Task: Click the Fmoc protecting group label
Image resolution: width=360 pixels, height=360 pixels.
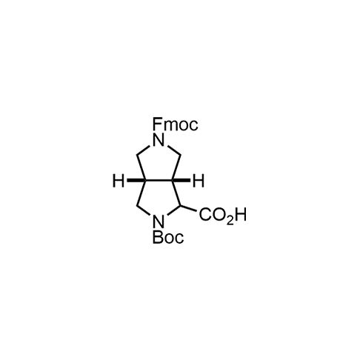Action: coord(176,124)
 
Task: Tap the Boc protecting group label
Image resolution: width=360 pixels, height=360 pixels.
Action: coord(168,237)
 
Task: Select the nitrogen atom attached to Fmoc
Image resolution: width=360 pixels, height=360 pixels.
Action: coord(159,140)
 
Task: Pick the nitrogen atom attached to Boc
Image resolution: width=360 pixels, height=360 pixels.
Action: coord(159,221)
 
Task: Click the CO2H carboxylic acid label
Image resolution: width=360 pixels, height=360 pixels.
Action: coord(223,215)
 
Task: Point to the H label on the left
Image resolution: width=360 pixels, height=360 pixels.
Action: coord(119,181)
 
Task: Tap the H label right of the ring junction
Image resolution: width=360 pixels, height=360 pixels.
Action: coord(199,181)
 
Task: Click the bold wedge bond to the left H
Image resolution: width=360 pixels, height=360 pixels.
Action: coord(136,181)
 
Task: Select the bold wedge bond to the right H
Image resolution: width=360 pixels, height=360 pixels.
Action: coord(181,181)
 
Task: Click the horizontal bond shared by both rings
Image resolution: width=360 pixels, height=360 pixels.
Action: coord(159,181)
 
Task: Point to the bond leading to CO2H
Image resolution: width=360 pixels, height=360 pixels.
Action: coord(188,208)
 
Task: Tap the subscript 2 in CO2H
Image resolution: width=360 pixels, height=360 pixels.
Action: coord(230,221)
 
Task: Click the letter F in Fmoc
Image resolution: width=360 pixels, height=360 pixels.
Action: coord(157,124)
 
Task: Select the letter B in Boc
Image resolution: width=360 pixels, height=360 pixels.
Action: coord(157,237)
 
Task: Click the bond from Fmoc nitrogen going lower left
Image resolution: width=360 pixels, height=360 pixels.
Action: coord(144,150)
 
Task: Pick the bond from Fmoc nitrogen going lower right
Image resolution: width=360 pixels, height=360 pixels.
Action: coord(173,150)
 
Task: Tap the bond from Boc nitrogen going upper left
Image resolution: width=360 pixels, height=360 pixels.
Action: coord(144,211)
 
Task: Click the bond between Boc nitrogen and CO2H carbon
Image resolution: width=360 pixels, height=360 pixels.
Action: coord(173,210)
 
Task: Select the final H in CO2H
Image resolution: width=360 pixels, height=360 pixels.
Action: coord(241,215)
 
